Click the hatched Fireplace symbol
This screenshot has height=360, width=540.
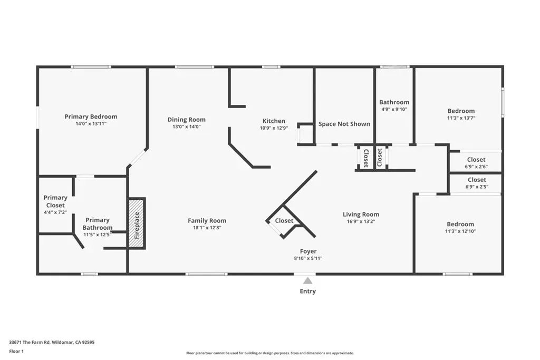tap(137, 223)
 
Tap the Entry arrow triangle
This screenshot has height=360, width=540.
tap(307, 280)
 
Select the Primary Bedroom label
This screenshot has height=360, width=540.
tap(91, 116)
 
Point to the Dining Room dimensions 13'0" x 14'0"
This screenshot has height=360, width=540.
tap(187, 127)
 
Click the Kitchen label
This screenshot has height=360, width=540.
tap(274, 121)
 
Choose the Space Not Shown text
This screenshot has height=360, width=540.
tap(344, 124)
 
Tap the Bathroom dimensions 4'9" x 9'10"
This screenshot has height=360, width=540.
tap(394, 109)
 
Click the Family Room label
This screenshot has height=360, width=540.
tap(207, 221)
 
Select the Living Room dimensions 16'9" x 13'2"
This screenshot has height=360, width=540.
tap(361, 221)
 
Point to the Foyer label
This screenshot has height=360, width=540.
tap(308, 251)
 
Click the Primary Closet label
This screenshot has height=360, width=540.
tap(55, 201)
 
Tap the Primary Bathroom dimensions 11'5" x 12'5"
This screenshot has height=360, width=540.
tap(98, 235)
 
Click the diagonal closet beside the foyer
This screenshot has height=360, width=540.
tap(284, 221)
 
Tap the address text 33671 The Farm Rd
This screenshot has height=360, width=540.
tap(30, 343)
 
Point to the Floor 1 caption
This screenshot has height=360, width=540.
tap(16, 352)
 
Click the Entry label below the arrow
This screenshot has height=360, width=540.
tap(307, 291)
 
